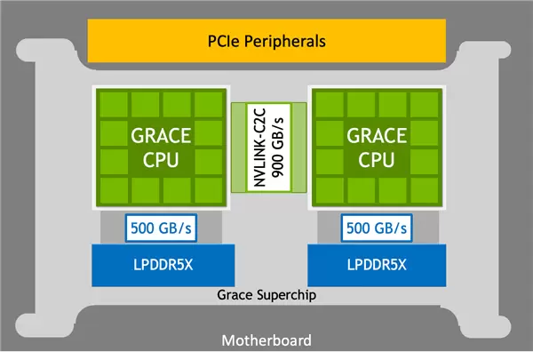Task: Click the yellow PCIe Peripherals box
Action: (x=266, y=41)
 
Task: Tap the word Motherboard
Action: (x=266, y=340)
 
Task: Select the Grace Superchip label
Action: (x=266, y=295)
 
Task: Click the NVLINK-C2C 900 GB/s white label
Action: (x=268, y=148)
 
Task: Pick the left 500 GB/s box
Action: (x=161, y=228)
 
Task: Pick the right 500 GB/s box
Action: (x=377, y=228)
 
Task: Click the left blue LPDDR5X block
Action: (x=163, y=265)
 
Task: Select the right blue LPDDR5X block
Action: (x=377, y=265)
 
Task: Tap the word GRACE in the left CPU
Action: (x=161, y=136)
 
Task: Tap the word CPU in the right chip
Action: (x=377, y=160)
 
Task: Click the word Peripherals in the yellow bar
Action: (x=285, y=42)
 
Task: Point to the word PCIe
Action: (x=224, y=41)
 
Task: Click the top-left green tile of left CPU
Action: (x=114, y=104)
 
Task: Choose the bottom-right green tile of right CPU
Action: (x=425, y=190)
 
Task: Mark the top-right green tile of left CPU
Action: (x=209, y=104)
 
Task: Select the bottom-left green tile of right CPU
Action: (x=330, y=190)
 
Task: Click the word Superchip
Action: (x=286, y=295)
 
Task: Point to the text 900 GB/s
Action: (x=278, y=148)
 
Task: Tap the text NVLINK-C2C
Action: (x=259, y=148)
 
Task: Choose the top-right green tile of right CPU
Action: (x=425, y=104)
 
